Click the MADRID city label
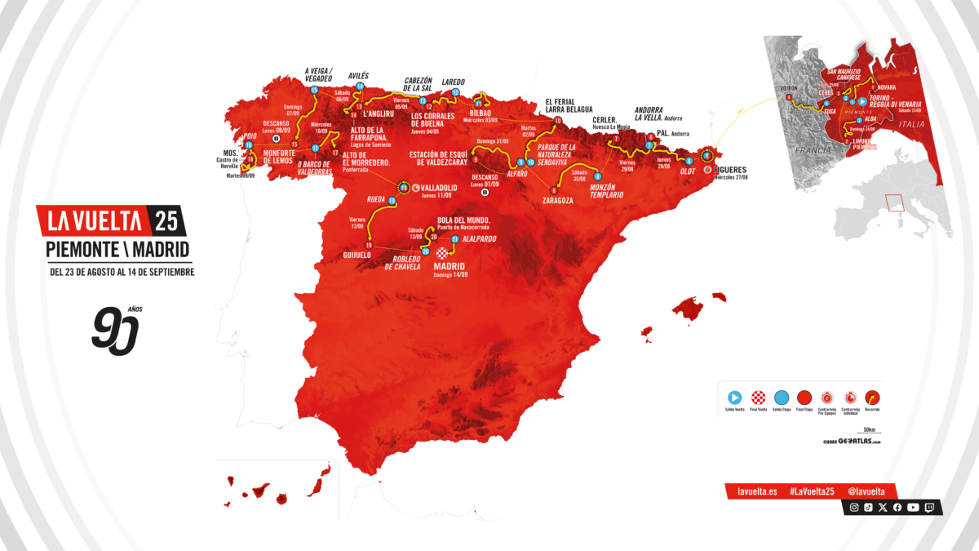pyautogui.click(x=450, y=266)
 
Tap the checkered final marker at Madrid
pyautogui.click(x=442, y=252)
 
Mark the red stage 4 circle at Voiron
pyautogui.click(x=789, y=99)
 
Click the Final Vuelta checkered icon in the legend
pyautogui.click(x=759, y=398)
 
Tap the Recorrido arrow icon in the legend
pyautogui.click(x=871, y=398)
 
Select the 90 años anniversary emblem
pyautogui.click(x=116, y=327)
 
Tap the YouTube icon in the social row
pyautogui.click(x=913, y=507)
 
